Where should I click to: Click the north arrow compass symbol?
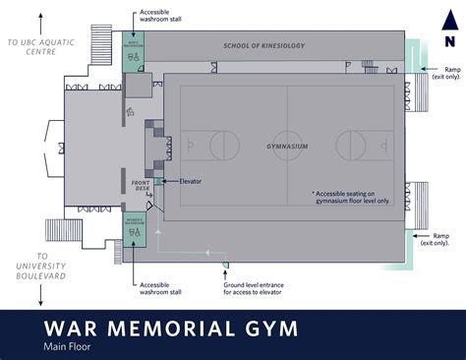(448, 39)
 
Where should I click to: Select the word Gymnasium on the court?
(287, 146)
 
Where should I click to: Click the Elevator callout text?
(193, 182)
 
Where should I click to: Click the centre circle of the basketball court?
(287, 146)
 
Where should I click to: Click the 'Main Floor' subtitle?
(69, 346)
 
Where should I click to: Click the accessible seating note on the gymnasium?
(352, 198)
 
